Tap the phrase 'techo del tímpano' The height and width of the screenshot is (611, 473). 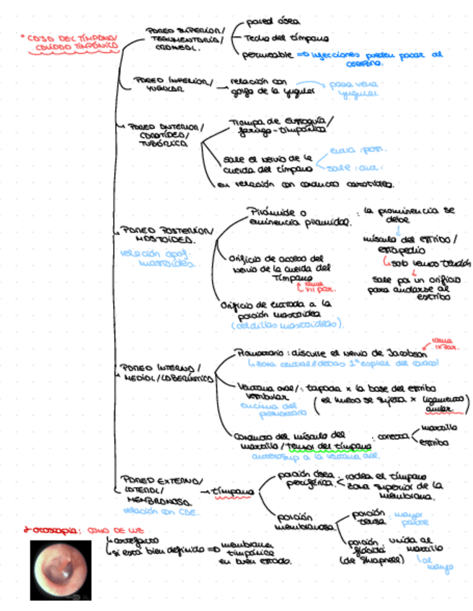[286, 37]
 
